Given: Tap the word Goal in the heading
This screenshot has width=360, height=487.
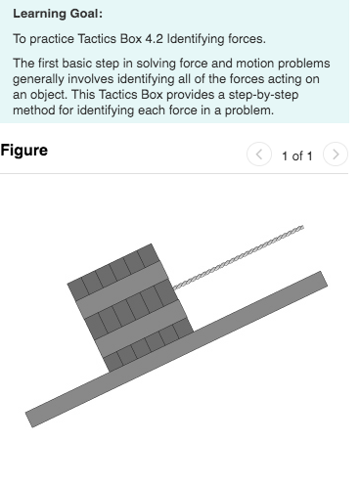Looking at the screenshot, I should click(x=88, y=15).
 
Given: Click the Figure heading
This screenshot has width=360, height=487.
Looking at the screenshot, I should click(x=24, y=152).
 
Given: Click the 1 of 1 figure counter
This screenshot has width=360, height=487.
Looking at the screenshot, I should click(x=296, y=155).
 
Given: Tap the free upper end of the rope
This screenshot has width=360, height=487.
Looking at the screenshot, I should click(x=301, y=228).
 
